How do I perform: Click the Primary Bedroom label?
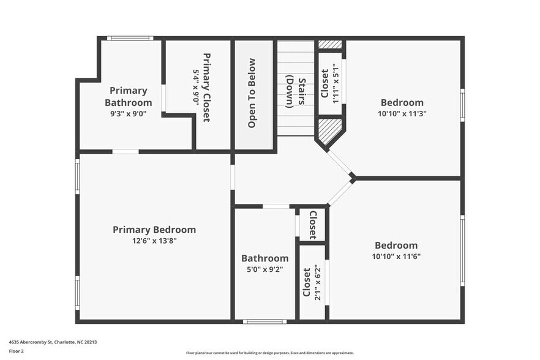[x=154, y=230]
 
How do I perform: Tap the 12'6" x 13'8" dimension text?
[x=154, y=241]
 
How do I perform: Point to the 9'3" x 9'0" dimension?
[x=128, y=113]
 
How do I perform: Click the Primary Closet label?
[x=207, y=87]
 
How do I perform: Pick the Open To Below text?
[x=252, y=93]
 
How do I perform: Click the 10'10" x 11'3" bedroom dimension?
[x=402, y=113]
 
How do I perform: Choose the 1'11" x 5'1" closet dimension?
[x=335, y=83]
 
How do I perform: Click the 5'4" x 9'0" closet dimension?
[x=196, y=87]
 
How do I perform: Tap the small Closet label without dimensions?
[x=312, y=224]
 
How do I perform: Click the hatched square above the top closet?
[x=330, y=45]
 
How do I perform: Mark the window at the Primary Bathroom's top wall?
[x=130, y=38]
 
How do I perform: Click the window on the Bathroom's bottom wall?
[x=264, y=321]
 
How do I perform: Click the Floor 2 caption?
[x=17, y=351]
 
